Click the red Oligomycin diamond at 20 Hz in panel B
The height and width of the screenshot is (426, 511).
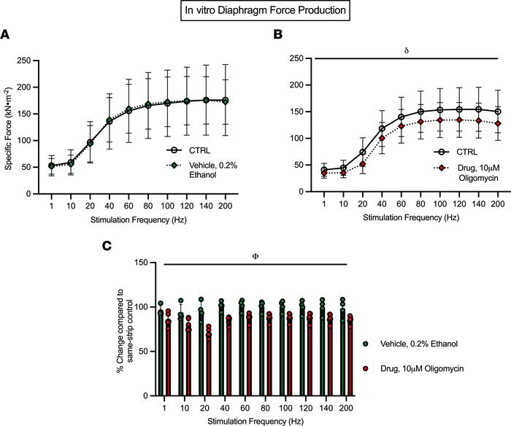[x=342, y=164]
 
